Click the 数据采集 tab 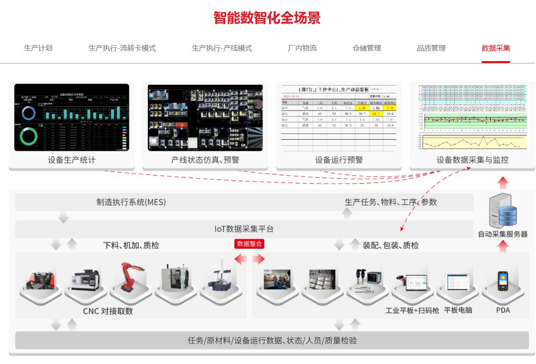(x=496, y=48)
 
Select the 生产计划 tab (x=38, y=48)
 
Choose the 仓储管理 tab (x=367, y=48)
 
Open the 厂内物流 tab (x=302, y=48)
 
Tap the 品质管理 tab (x=431, y=48)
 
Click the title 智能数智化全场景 (x=267, y=18)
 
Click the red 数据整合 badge (x=249, y=244)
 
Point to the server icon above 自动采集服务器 (x=503, y=211)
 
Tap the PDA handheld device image (x=503, y=280)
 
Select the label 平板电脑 (x=458, y=310)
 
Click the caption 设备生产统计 (x=71, y=160)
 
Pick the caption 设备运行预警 (x=339, y=160)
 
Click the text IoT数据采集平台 (x=244, y=229)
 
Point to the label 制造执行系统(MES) (x=131, y=202)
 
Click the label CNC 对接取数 (x=108, y=311)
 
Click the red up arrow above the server (x=503, y=182)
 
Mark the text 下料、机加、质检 (x=131, y=245)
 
